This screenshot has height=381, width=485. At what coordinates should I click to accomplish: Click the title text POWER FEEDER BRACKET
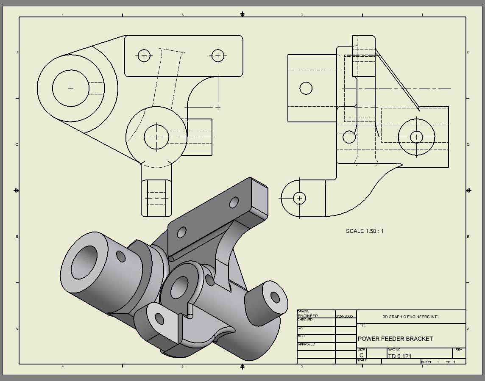(x=395, y=339)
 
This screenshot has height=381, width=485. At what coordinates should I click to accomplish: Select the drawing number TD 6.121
(x=399, y=356)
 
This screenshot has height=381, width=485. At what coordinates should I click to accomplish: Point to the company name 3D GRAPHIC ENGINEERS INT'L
(x=411, y=317)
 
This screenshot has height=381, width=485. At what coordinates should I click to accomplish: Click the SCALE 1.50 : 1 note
(x=365, y=231)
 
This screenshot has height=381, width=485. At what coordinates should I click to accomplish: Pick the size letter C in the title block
(x=362, y=356)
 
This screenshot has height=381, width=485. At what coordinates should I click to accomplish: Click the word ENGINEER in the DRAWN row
(x=307, y=316)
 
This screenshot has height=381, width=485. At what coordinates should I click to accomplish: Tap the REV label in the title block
(x=459, y=350)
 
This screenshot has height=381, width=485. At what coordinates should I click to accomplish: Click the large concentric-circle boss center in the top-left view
(x=71, y=88)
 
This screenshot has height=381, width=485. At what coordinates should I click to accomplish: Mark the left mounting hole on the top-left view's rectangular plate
(x=144, y=55)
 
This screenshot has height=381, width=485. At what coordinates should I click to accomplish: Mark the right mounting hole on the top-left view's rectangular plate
(x=218, y=55)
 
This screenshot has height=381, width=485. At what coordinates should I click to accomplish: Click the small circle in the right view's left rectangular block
(x=306, y=88)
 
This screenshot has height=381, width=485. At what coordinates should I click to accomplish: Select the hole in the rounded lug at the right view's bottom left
(x=300, y=198)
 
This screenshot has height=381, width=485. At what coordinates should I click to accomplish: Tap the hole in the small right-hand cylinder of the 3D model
(x=275, y=297)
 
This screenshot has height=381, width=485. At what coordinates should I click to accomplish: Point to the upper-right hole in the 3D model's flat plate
(x=234, y=203)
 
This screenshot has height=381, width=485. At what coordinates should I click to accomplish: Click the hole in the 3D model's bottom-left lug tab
(x=159, y=319)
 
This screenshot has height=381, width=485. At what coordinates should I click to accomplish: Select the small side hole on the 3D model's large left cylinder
(x=121, y=257)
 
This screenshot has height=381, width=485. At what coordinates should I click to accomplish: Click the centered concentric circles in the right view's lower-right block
(x=417, y=137)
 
